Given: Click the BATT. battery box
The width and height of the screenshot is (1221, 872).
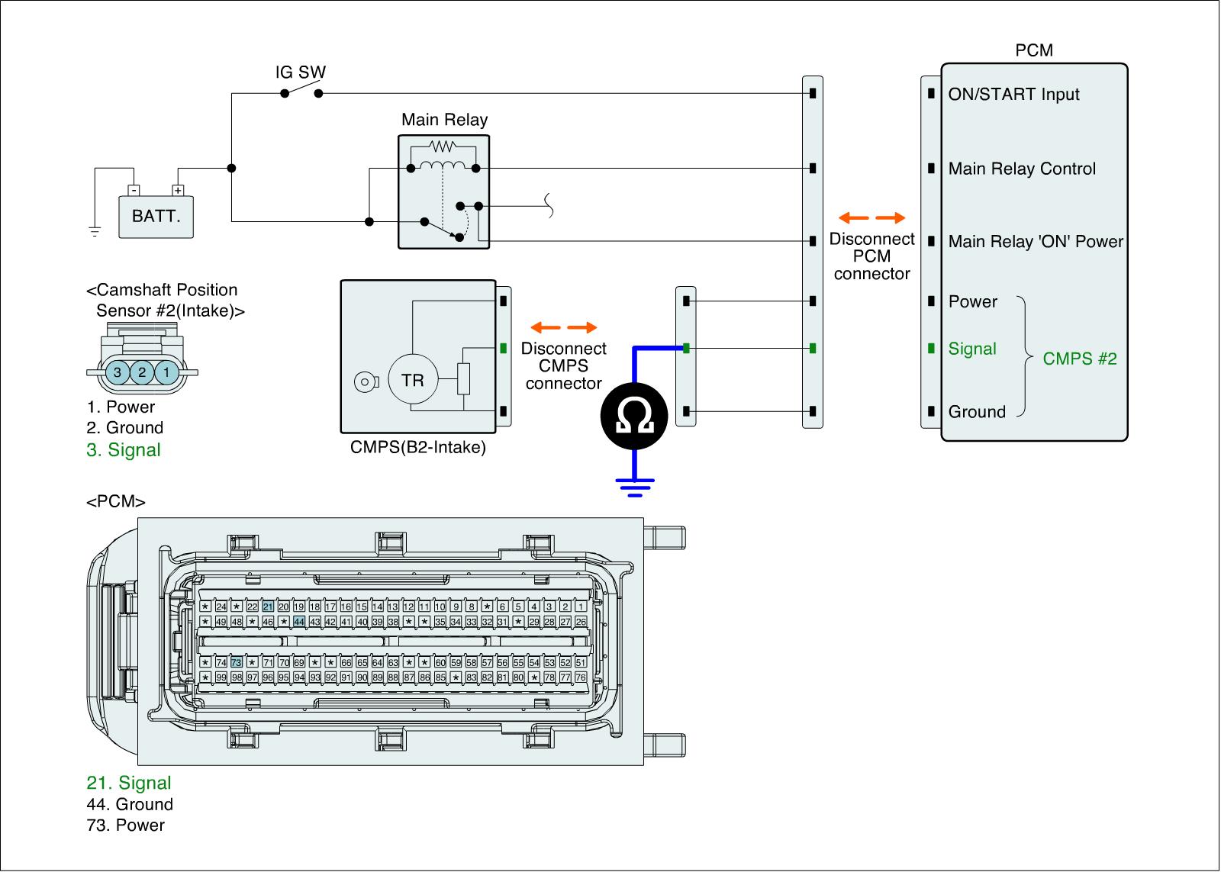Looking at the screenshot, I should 156,217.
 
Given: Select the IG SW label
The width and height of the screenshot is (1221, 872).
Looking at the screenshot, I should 301,72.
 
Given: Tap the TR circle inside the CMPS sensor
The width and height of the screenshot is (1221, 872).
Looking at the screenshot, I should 412,380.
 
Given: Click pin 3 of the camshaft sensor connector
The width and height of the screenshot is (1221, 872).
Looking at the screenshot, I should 118,373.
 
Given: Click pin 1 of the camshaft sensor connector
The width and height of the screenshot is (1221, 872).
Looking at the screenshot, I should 166,373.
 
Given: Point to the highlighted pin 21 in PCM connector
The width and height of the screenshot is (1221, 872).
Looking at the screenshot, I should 268,607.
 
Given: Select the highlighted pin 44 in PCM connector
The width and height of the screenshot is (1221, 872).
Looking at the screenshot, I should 299,622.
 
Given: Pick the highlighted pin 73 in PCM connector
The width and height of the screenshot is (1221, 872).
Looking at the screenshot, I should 237,662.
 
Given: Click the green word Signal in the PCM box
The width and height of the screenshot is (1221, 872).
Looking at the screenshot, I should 972,349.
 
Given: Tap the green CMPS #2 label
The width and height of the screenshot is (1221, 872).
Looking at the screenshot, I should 1079,359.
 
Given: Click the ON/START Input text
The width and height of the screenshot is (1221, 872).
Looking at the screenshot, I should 1013,95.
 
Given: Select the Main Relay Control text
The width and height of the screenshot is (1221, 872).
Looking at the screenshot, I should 1022,169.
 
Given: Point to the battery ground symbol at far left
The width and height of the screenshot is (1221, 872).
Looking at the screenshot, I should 95,231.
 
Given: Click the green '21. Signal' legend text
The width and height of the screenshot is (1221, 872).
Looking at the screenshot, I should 128,783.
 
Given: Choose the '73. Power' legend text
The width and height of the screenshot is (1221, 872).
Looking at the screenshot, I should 125,825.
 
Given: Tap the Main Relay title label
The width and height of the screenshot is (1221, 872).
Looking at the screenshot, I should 444,120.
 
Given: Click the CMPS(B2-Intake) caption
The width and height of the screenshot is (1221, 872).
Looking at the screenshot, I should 417,447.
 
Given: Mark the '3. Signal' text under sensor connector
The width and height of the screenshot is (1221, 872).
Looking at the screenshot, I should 124,450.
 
